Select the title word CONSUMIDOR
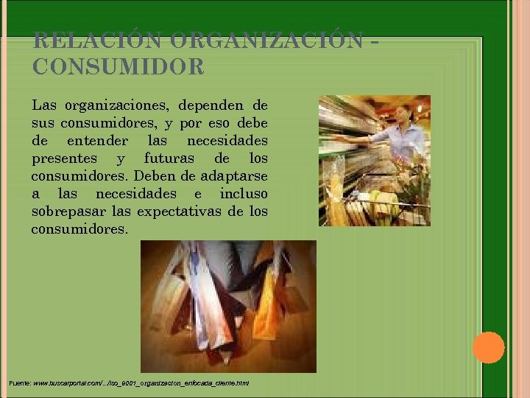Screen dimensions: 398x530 (118, 67)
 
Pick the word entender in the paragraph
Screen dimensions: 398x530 (97, 141)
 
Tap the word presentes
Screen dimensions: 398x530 (62, 158)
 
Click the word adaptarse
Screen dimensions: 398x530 (233, 176)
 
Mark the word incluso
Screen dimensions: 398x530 (244, 194)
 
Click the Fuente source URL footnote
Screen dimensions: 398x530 (130, 383)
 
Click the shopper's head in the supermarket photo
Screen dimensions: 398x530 (403, 114)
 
